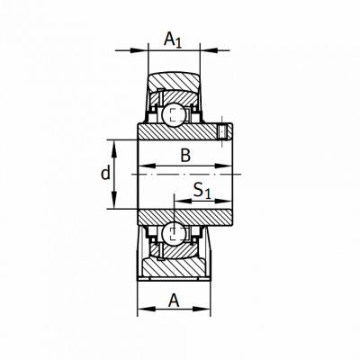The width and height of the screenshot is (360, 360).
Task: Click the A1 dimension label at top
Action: click(173, 40)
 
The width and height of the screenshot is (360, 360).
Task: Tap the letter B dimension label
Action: click(185, 156)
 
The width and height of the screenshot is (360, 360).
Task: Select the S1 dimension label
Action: click(202, 191)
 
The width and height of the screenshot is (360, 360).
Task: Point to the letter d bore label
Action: click(105, 173)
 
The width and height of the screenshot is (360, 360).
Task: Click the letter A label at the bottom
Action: click(174, 301)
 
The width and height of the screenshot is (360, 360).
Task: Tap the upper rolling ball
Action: click(174, 114)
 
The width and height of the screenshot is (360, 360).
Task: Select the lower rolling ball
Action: click(174, 233)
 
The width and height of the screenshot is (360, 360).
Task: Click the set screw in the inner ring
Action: click(222, 131)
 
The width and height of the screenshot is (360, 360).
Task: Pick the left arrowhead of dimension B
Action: click(148, 166)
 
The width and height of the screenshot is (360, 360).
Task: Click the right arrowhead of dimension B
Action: click(224, 166)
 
